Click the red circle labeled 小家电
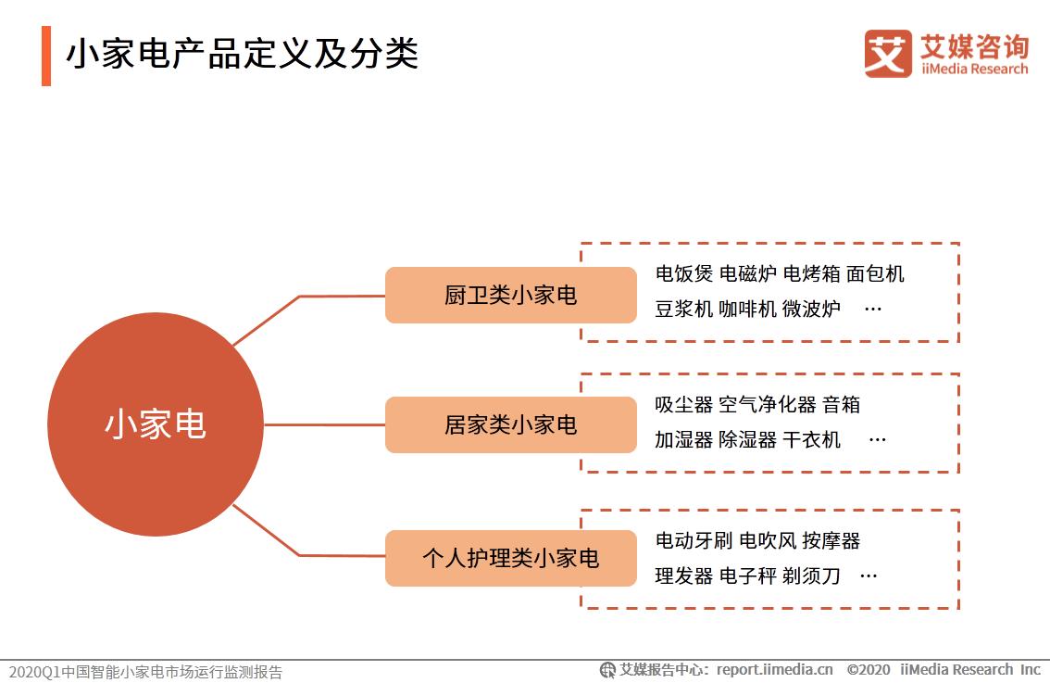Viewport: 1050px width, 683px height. click(155, 424)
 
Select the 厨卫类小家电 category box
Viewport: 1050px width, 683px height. click(510, 296)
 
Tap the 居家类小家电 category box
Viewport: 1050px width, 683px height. click(510, 425)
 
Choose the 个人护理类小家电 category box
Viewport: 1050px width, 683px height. click(510, 558)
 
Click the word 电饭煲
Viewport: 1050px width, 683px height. click(683, 274)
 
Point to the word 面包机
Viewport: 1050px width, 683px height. click(875, 274)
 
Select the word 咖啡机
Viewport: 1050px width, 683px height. click(747, 310)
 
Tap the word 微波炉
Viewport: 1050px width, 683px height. click(811, 310)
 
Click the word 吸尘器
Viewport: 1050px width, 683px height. click(683, 405)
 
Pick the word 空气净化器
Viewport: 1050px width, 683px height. click(768, 405)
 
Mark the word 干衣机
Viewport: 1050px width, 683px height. click(811, 440)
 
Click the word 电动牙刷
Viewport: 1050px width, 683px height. click(694, 540)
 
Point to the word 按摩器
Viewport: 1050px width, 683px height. click(831, 540)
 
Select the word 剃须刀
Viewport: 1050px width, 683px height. click(811, 575)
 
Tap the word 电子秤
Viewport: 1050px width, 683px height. click(747, 575)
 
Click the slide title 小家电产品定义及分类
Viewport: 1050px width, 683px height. click(242, 54)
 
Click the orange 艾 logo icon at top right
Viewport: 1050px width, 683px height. click(888, 54)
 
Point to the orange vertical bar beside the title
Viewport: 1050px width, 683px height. click(46, 56)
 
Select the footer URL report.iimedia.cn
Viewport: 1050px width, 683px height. click(774, 669)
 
